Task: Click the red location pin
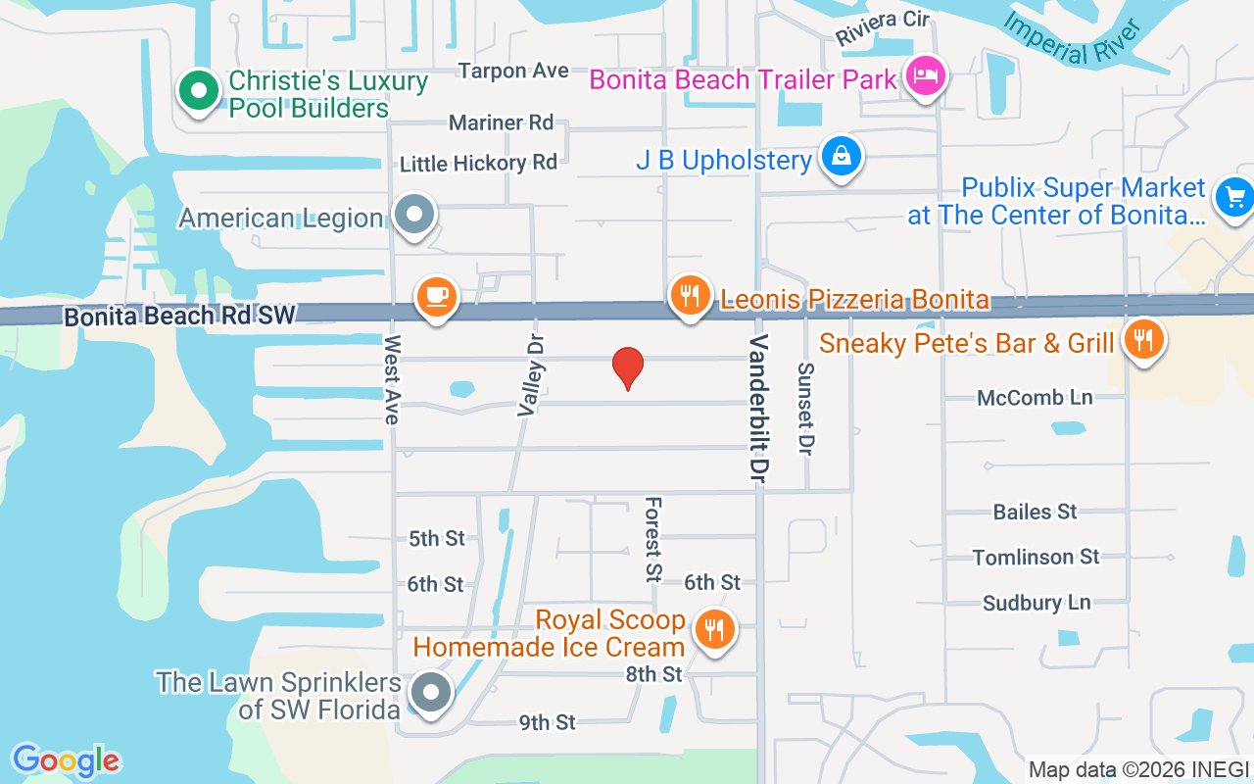click(x=627, y=367)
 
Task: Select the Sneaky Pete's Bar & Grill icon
click(x=1141, y=340)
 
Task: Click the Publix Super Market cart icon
click(x=1234, y=198)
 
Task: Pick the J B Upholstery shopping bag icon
click(x=841, y=157)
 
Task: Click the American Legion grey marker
click(x=414, y=215)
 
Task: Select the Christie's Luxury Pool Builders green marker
click(x=200, y=92)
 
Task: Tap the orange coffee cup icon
click(x=437, y=296)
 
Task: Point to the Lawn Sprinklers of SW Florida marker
click(x=429, y=693)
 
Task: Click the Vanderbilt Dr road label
click(x=757, y=410)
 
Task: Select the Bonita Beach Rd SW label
click(x=179, y=316)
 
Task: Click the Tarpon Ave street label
click(x=513, y=71)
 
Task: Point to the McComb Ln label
click(x=1035, y=398)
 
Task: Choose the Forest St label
click(x=652, y=539)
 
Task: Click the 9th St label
click(x=547, y=722)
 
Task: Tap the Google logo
click(x=66, y=759)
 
